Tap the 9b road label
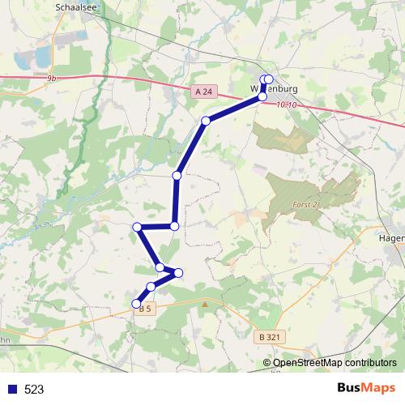(53, 78)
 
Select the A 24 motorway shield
(205, 93)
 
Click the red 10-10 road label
(287, 105)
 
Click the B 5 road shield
(146, 309)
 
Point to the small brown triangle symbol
(206, 305)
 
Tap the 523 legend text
(34, 389)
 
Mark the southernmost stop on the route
(137, 304)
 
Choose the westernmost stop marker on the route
(138, 227)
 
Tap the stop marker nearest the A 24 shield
(206, 121)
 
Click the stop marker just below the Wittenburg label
(262, 96)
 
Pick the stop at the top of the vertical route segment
(177, 175)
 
